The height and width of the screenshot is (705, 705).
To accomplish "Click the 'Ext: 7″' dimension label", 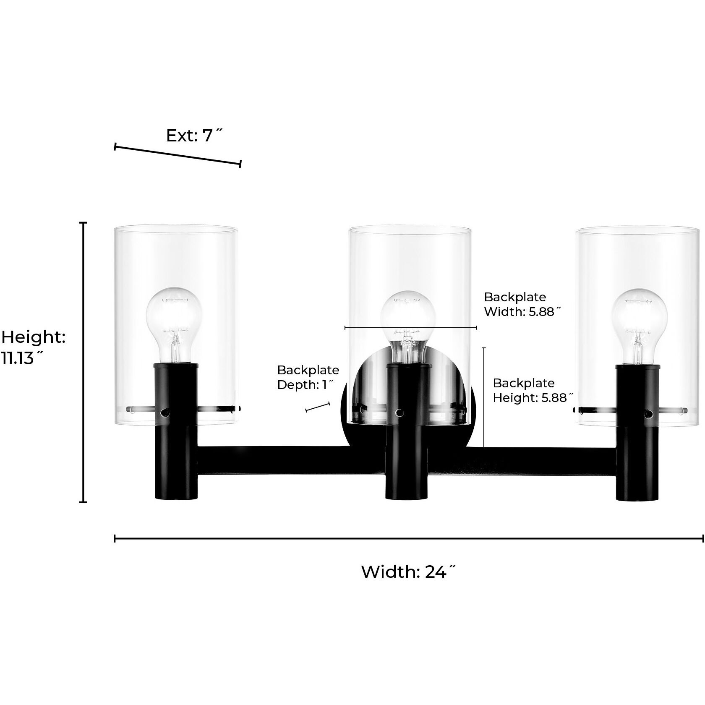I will tap(194, 136).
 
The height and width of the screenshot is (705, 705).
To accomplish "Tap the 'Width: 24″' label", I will tap(408, 572).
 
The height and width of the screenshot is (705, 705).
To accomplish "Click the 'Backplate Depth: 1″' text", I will tap(308, 377).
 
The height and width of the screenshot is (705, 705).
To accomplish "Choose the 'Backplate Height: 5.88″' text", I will tap(533, 390).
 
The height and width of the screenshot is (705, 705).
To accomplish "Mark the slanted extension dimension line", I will tap(178, 155).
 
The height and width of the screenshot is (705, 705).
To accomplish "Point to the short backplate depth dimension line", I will tap(318, 407).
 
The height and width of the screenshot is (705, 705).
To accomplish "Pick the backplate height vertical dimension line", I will tap(484, 397).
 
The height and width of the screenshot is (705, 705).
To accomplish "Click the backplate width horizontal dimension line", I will tap(410, 327).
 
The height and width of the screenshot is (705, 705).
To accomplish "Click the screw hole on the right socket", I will tap(648, 414).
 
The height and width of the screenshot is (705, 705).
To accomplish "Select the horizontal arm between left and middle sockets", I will tap(291, 461).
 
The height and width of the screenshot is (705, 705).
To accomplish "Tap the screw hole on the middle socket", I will tap(399, 413).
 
